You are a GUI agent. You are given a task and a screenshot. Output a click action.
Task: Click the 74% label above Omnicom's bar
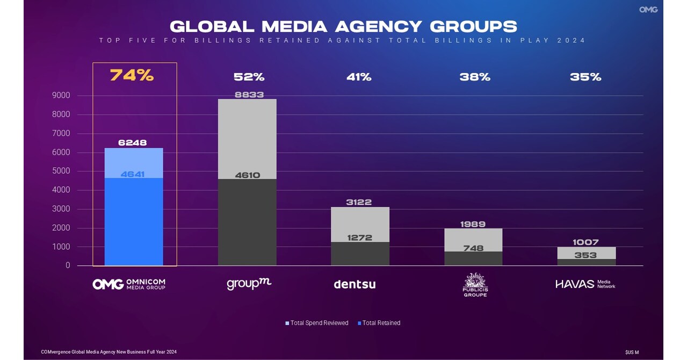132,76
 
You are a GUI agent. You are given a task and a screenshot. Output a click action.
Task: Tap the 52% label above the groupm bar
249,77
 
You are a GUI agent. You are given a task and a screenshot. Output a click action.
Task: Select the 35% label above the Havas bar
585,77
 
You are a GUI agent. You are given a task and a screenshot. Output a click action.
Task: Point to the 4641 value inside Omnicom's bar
133,174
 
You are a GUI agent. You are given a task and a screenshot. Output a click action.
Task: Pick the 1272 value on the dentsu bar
360,237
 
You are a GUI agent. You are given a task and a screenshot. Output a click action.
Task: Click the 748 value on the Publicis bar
473,248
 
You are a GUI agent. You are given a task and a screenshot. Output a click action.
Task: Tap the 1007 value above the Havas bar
585,242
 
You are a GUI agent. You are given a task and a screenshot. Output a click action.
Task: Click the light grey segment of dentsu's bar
360,220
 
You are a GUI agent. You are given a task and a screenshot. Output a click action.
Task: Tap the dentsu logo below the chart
355,284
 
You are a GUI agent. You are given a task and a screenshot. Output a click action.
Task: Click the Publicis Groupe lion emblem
475,280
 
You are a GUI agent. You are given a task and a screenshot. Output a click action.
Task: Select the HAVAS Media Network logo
585,284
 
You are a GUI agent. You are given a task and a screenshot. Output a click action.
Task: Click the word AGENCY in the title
380,26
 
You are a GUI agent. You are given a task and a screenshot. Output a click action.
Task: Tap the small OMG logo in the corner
648,10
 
